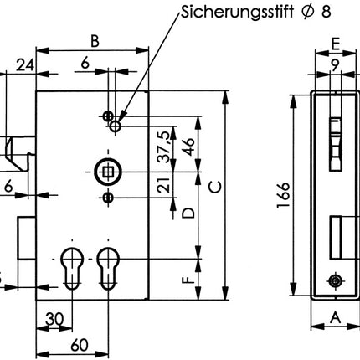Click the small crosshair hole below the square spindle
(x=107, y=198)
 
